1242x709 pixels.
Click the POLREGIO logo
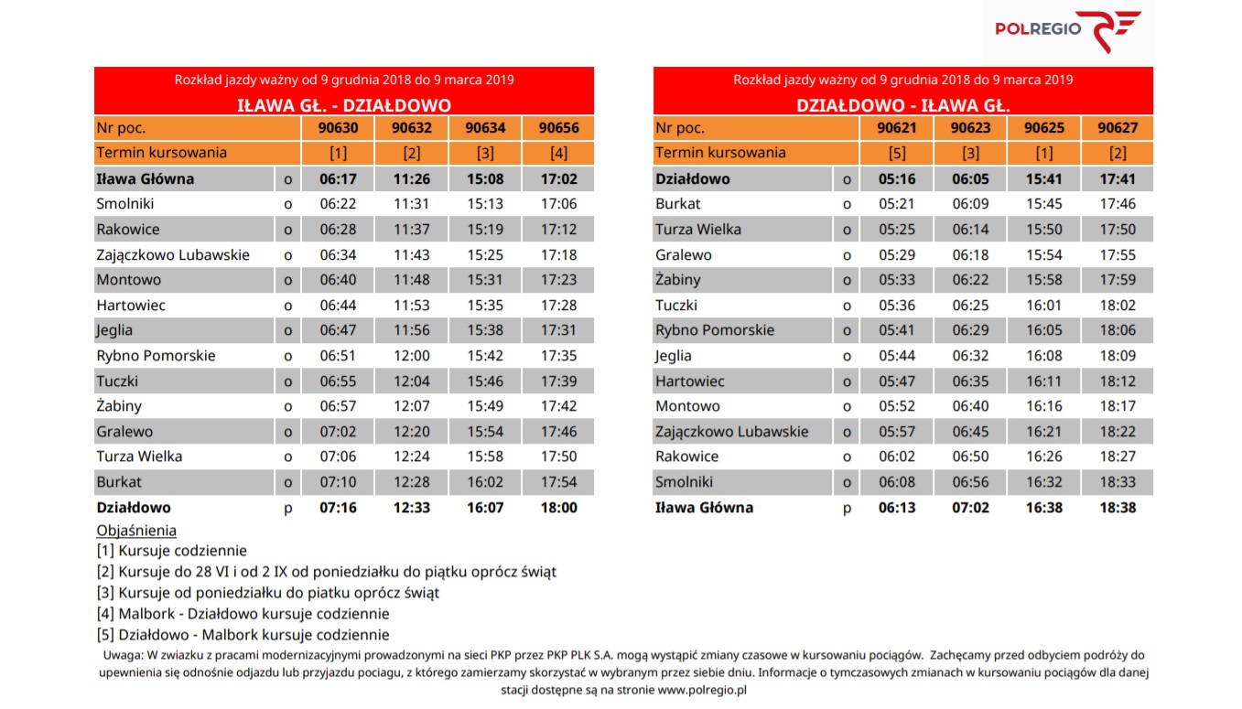coord(1068,30)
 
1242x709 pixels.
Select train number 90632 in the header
coord(412,128)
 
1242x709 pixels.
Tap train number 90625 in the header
coord(1044,128)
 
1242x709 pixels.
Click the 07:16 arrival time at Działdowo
coord(339,507)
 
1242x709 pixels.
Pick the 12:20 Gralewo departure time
coord(412,431)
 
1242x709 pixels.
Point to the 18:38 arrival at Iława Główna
coord(1118,507)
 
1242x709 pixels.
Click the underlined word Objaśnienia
coord(136,531)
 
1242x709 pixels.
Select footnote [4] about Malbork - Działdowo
coord(243,614)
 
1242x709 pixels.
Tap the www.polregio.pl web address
coord(702,690)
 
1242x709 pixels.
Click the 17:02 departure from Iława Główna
coord(559,179)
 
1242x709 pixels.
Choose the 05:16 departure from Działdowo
coord(897,179)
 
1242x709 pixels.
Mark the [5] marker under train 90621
coord(897,153)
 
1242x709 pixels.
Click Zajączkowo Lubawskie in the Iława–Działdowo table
coord(173,255)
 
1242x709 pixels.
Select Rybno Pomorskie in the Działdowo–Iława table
coord(715,330)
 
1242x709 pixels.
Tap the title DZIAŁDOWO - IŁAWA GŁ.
coord(903,105)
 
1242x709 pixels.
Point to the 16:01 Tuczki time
coord(1044,305)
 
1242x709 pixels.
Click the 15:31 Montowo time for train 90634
coord(485,279)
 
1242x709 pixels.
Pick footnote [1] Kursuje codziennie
coord(172,551)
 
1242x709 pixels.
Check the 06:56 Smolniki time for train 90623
coord(970,482)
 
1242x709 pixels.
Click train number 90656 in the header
coord(559,128)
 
